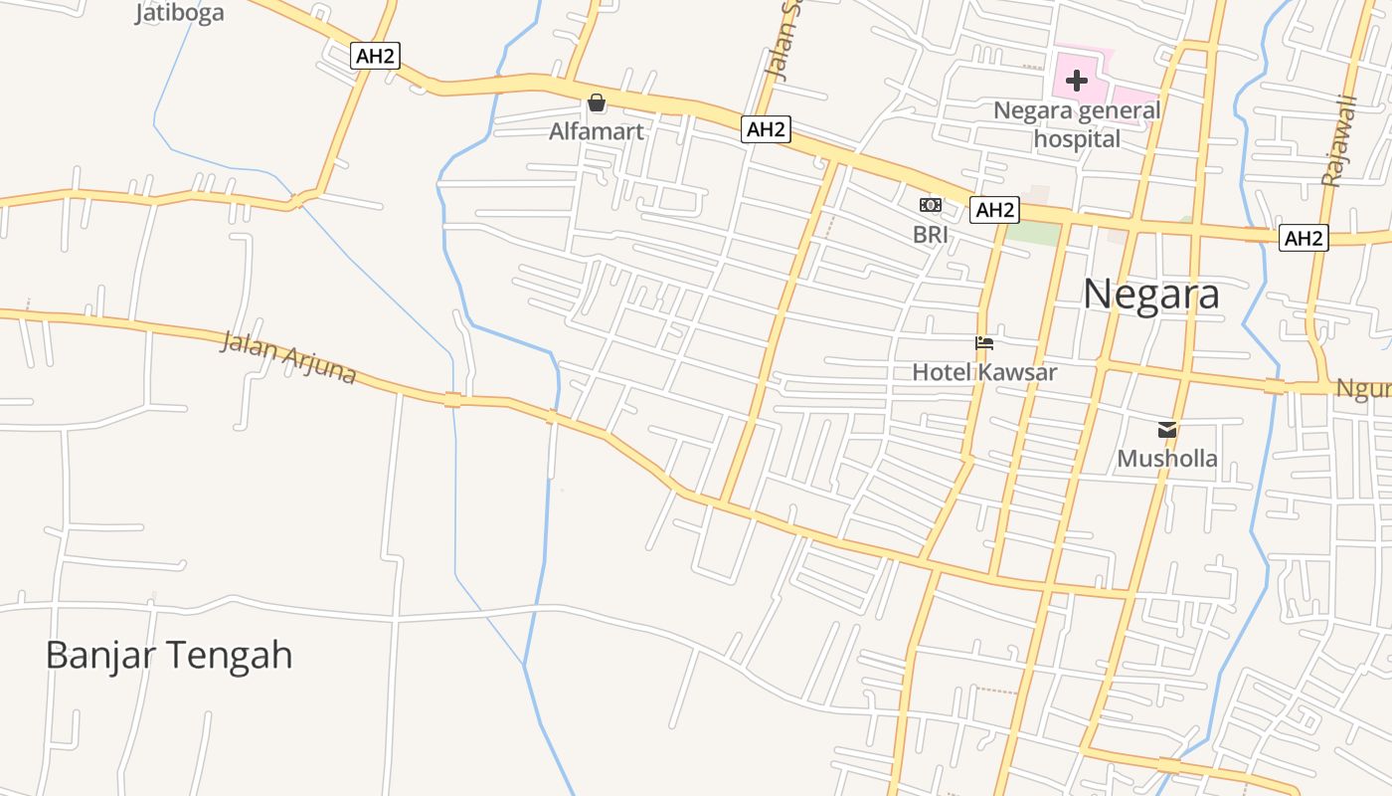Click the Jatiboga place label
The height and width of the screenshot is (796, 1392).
coord(180,13)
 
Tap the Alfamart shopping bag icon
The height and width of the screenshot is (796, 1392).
coord(597,102)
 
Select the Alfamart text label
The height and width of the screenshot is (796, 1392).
coord(597,131)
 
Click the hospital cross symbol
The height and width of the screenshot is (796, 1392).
coord(1077,81)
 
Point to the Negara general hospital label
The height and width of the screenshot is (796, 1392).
coord(1077,124)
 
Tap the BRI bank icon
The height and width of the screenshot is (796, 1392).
coord(931,205)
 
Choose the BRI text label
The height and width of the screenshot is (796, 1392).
coord(931,235)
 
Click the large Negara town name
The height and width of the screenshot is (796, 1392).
coord(1151,295)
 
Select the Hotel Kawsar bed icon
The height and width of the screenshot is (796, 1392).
coord(984,344)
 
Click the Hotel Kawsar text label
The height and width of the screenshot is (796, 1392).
coord(984,372)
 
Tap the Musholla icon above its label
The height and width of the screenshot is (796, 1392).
coord(1167,430)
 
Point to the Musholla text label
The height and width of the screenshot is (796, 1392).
coord(1167,459)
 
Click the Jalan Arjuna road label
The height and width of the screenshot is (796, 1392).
coord(287,357)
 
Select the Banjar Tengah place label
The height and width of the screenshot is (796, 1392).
coord(169,656)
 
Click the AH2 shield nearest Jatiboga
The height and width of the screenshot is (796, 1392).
coord(376,56)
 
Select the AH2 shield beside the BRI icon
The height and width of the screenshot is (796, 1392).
coord(994,210)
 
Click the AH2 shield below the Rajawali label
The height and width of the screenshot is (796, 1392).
coord(1304,238)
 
